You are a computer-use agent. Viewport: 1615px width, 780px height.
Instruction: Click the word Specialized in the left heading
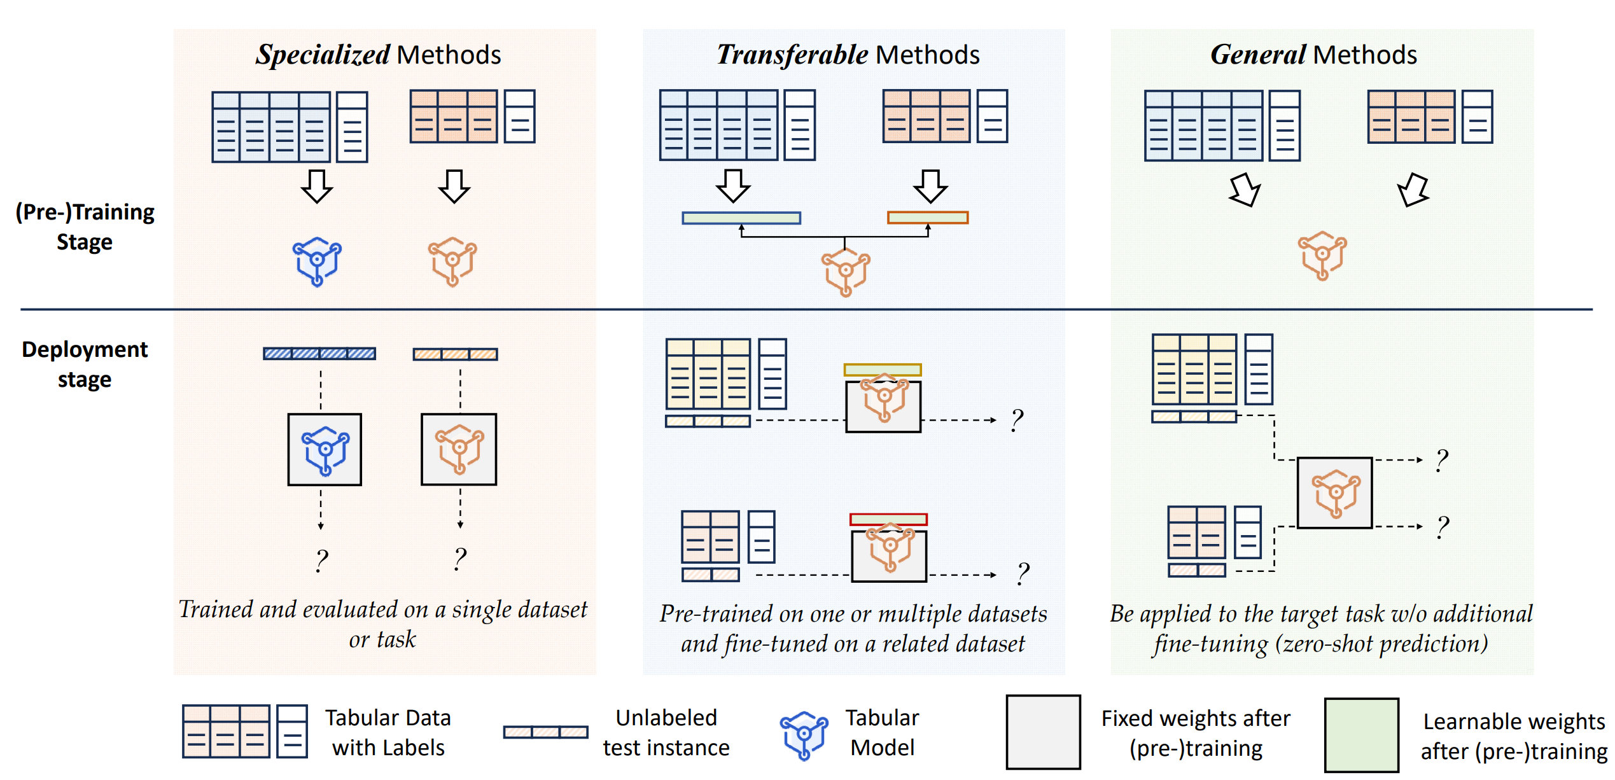pos(323,55)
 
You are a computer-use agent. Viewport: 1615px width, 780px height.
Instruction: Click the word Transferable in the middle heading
pos(792,55)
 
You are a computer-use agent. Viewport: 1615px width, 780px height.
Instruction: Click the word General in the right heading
pos(1258,55)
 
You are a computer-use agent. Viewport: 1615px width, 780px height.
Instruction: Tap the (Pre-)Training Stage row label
pos(85,226)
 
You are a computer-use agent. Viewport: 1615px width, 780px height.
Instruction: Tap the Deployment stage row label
pos(85,364)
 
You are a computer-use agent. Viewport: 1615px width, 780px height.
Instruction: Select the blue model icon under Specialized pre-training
pos(317,261)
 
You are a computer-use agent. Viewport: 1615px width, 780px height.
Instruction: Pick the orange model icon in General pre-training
pos(1322,255)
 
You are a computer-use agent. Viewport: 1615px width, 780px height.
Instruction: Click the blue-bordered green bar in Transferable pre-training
pos(741,218)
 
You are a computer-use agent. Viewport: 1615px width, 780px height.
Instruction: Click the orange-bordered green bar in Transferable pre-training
pos(928,218)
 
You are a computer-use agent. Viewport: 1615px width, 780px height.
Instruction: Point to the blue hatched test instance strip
pos(319,354)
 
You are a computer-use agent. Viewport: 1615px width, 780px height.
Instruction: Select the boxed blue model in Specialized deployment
pos(325,450)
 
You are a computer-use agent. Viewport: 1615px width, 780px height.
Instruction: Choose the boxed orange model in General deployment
pos(1334,492)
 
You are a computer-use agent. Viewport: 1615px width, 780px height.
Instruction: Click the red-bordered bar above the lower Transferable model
pos(888,520)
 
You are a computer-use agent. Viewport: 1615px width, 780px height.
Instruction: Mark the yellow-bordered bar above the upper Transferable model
pos(883,370)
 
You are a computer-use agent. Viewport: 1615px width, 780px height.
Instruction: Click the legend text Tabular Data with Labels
pos(388,732)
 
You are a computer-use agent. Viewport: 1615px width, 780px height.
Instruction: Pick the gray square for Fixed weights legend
pos(1043,732)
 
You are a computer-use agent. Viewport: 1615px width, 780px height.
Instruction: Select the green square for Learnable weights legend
pos(1361,735)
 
